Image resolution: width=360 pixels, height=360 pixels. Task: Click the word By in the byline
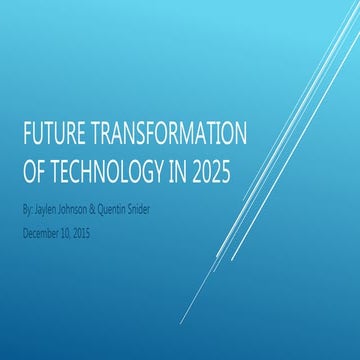pos(27,213)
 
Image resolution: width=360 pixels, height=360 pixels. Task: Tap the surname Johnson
pos(88,213)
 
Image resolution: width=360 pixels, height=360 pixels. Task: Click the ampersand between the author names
pos(114,213)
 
